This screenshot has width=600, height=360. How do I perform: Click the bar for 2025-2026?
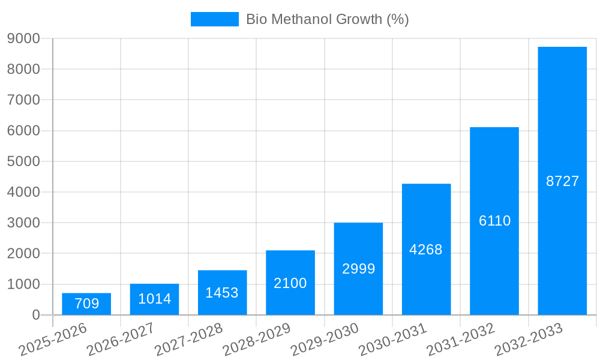pos(86,304)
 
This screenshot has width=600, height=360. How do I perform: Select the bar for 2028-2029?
pos(290,283)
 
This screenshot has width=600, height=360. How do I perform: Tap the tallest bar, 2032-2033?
pos(562,181)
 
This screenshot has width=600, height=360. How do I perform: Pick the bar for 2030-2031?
pos(426,249)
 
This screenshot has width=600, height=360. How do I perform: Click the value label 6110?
pos(494,221)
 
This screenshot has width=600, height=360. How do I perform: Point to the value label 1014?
pos(155,299)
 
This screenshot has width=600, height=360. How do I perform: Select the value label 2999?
pos(358,269)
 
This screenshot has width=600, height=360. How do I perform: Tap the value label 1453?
pos(222,293)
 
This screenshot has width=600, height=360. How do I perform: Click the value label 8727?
pos(562,181)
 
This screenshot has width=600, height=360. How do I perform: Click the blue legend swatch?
pos(214,19)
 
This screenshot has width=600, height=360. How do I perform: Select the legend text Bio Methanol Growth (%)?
pos(327,19)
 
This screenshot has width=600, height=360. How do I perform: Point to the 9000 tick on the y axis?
pos(23,38)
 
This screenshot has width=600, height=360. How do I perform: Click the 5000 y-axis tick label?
pos(23,161)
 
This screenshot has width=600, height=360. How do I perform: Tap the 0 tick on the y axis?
pos(35,315)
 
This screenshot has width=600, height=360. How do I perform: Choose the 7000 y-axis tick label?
pos(23,100)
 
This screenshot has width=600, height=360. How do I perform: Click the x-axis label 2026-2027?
pos(121,339)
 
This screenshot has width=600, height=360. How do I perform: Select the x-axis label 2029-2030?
pos(325,339)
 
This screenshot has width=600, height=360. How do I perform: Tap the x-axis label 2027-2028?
pos(188,339)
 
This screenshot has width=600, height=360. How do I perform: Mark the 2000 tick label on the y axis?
pos(23,254)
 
